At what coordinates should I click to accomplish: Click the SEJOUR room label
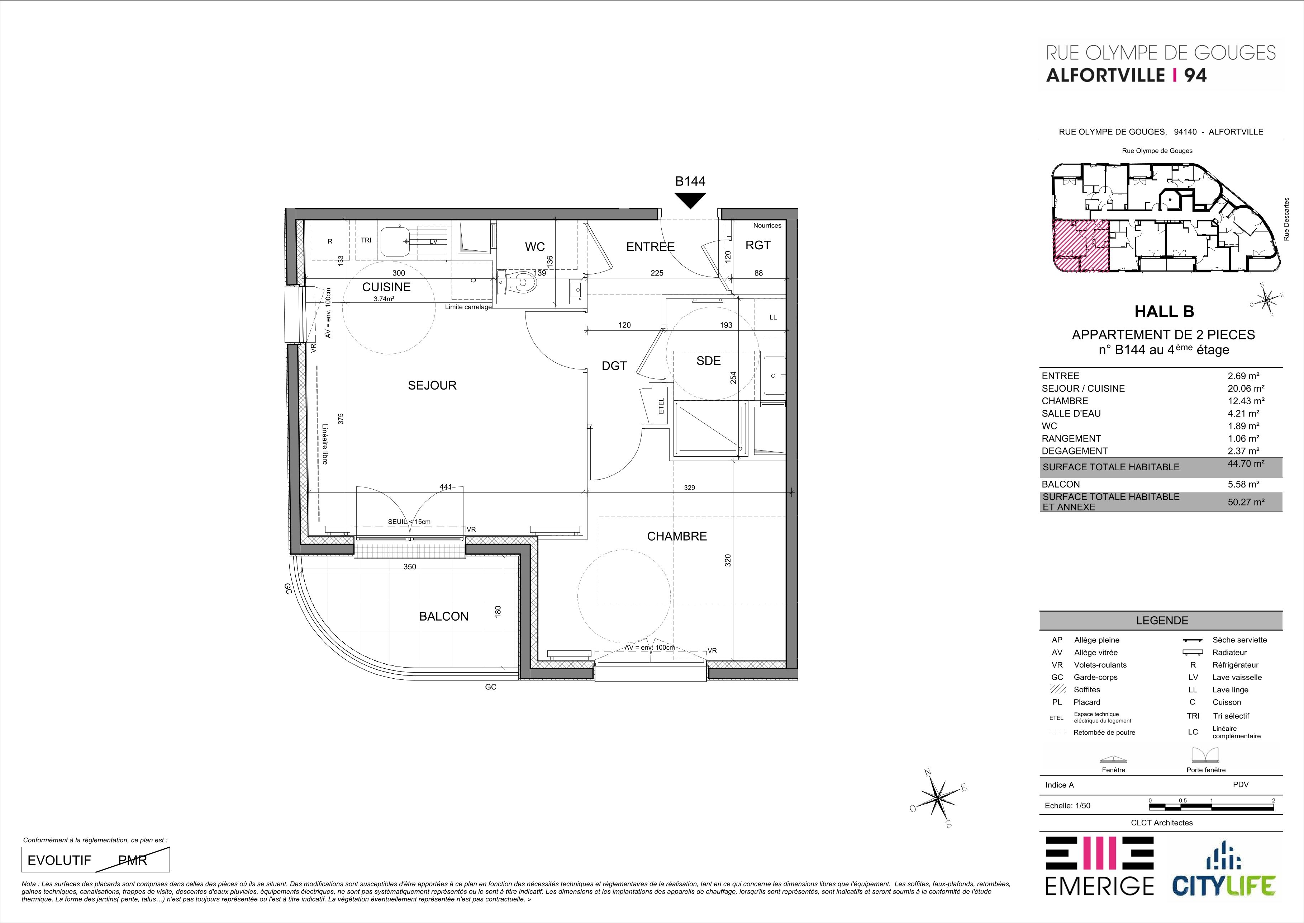(432, 385)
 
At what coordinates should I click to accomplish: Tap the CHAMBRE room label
(677, 536)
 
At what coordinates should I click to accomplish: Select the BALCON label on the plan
(443, 616)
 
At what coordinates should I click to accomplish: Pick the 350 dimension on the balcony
(409, 567)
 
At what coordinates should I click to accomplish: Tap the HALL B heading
(1164, 311)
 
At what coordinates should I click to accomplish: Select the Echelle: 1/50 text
(1068, 805)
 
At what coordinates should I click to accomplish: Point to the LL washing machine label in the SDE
(772, 317)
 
